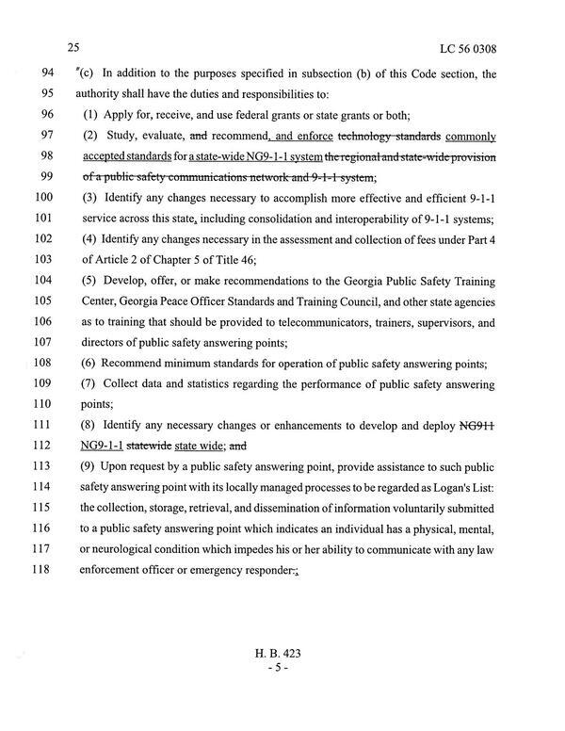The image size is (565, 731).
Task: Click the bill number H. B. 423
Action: pyautogui.click(x=282, y=652)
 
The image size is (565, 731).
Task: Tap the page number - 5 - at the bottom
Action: pyautogui.click(x=282, y=667)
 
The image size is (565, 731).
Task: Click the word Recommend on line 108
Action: pyautogui.click(x=142, y=363)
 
